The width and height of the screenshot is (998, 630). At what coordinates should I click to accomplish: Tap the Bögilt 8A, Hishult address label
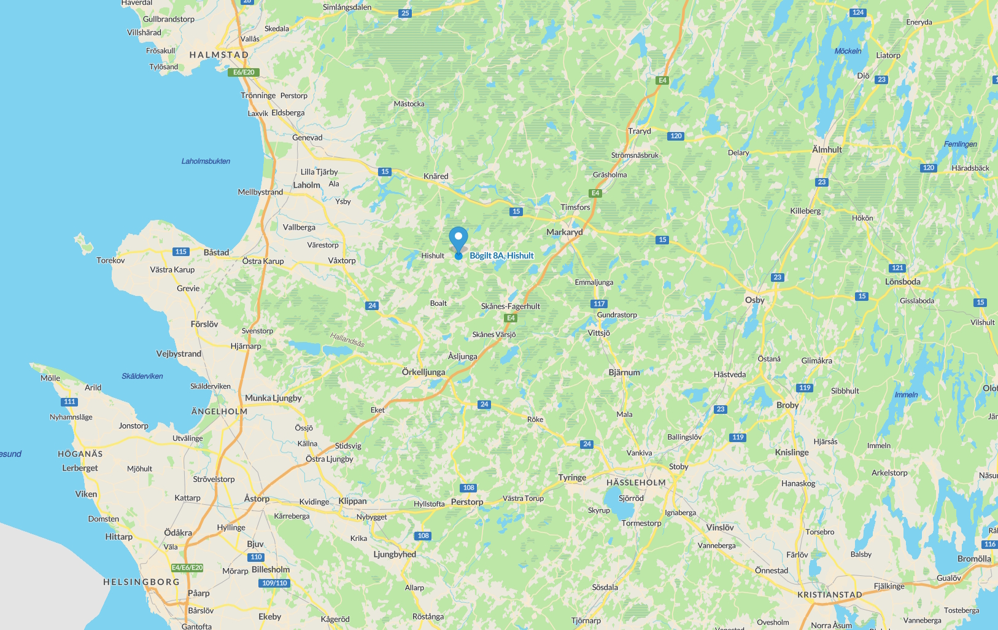tap(501, 255)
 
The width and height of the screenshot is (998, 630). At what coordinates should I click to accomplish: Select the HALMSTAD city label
tap(219, 55)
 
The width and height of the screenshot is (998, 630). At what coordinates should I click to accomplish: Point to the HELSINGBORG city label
tap(141, 581)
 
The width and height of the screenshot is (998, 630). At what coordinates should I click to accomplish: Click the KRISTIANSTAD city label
tap(830, 594)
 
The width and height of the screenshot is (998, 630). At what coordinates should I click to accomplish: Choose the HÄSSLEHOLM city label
tap(636, 483)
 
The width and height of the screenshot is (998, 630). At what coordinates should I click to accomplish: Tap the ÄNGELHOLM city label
tap(219, 411)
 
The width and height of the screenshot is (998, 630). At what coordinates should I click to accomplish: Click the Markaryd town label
tap(565, 232)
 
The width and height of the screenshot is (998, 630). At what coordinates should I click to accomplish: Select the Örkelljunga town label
tap(424, 372)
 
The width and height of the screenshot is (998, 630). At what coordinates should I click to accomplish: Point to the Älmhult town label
tap(827, 149)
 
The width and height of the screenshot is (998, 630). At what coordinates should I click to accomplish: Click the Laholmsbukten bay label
tap(206, 161)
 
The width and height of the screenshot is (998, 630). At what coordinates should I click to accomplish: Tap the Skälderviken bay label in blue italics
tap(142, 376)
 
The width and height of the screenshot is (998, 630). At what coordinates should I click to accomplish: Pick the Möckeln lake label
tap(848, 51)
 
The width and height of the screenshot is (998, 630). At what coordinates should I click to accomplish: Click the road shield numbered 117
tap(599, 303)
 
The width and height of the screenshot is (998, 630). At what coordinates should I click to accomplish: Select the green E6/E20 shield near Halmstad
tap(244, 72)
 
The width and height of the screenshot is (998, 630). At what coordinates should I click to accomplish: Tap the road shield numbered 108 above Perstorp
tap(469, 488)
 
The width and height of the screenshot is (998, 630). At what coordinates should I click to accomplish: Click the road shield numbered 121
tap(897, 268)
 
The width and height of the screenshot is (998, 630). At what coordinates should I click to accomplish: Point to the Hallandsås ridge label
tap(347, 339)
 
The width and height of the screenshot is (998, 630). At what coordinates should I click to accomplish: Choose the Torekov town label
tap(110, 260)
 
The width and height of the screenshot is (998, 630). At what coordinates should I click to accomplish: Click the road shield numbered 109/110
tap(274, 583)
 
